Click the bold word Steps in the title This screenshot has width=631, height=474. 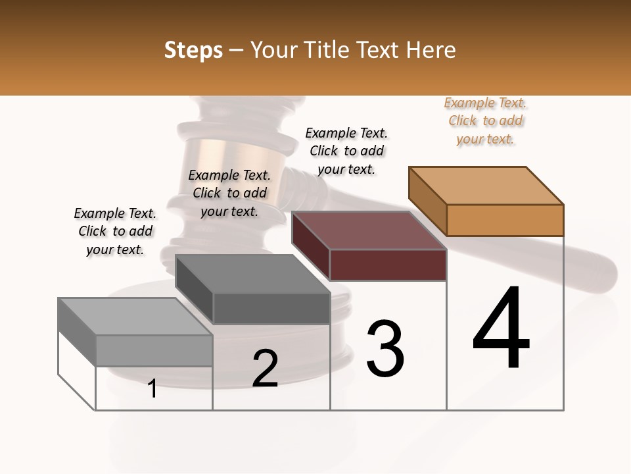(x=193, y=50)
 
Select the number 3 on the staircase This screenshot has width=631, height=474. (x=385, y=348)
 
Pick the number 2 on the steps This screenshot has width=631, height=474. (x=265, y=369)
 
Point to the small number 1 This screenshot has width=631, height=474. (x=152, y=388)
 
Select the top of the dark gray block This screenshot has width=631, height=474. (x=252, y=274)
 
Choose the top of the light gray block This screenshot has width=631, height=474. (x=135, y=317)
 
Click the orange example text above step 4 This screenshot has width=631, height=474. (x=486, y=121)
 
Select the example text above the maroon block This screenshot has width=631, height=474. (x=346, y=151)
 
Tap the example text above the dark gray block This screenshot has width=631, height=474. (x=229, y=193)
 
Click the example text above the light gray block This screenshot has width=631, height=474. (x=115, y=231)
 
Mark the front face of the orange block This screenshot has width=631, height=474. (x=505, y=220)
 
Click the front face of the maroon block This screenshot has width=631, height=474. (x=388, y=265)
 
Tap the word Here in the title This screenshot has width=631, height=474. (x=432, y=50)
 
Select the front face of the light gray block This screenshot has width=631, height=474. (x=154, y=350)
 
